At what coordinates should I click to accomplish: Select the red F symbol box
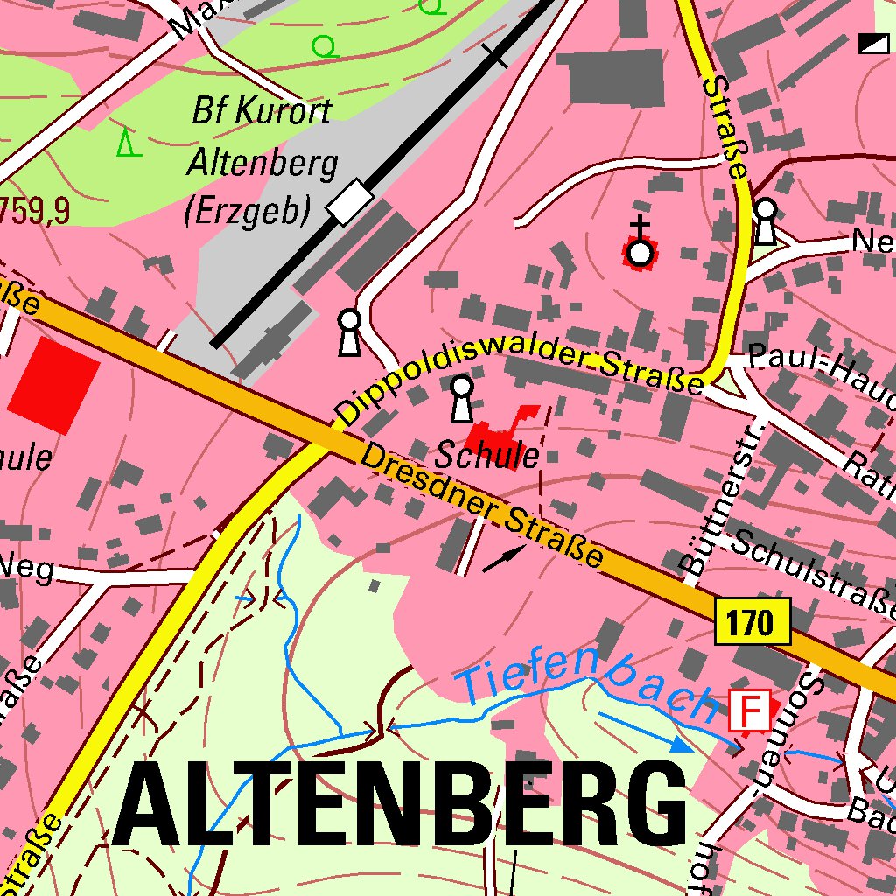tap(750, 710)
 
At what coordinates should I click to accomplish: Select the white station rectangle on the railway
tap(350, 201)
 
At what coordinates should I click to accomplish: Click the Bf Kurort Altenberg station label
tap(261, 162)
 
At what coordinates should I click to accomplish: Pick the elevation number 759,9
tap(35, 210)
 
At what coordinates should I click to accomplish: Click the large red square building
tap(54, 385)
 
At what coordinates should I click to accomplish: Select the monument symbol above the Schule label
tap(461, 398)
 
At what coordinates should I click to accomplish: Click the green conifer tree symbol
tap(129, 142)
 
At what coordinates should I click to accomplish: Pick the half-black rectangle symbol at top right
tap(872, 44)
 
